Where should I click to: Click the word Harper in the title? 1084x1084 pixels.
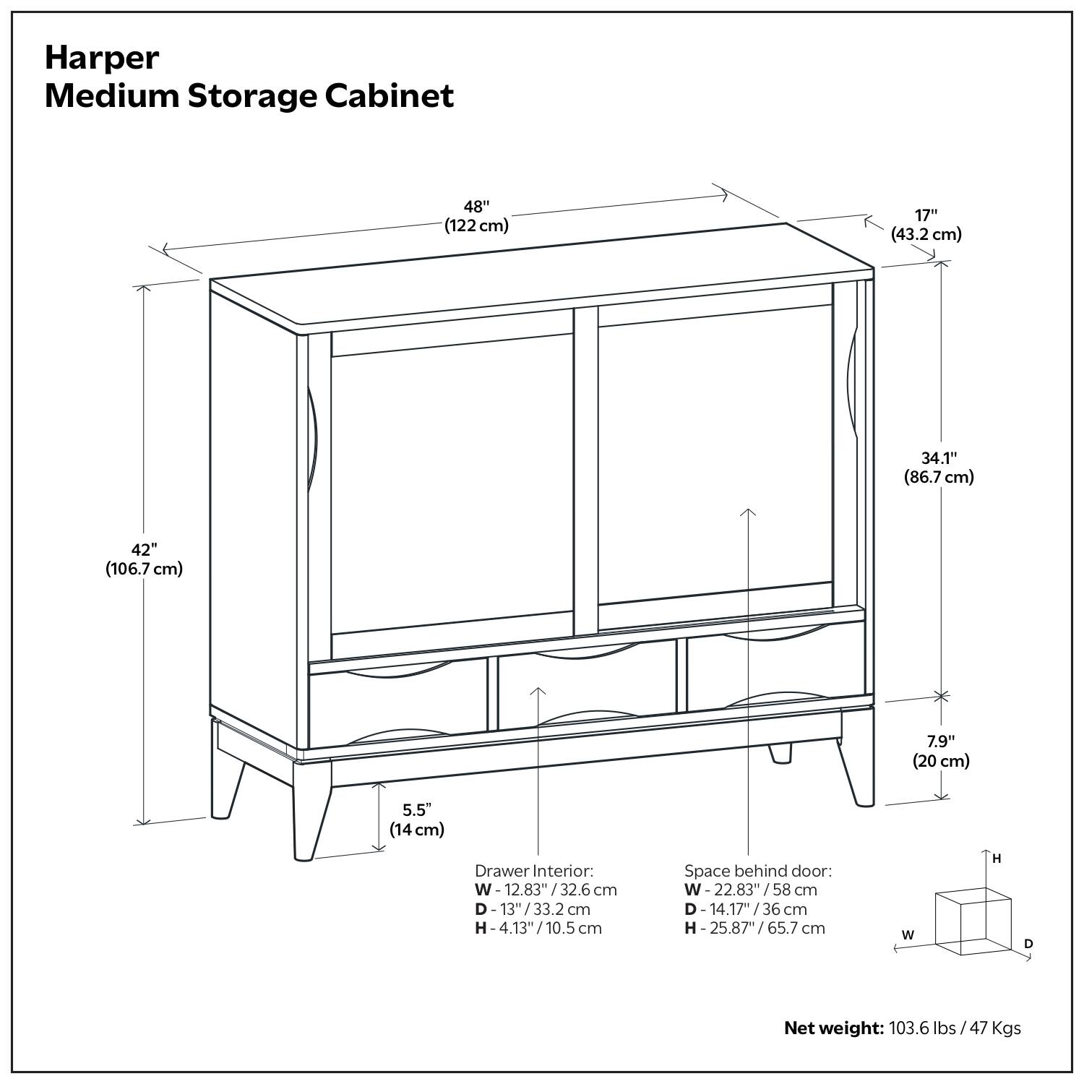pyautogui.click(x=101, y=58)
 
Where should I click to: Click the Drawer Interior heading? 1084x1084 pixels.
pyautogui.click(x=534, y=870)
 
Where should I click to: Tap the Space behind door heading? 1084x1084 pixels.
pyautogui.click(x=758, y=870)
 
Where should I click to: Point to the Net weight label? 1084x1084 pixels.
pyautogui.click(x=833, y=1028)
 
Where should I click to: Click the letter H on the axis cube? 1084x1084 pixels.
pyautogui.click(x=997, y=859)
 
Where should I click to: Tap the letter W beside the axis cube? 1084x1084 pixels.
pyautogui.click(x=908, y=934)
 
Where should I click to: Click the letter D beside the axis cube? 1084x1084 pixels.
pyautogui.click(x=1028, y=944)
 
